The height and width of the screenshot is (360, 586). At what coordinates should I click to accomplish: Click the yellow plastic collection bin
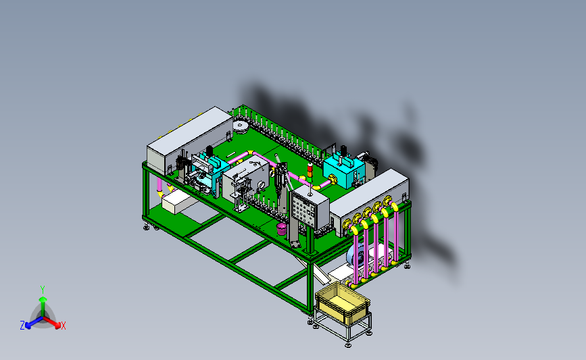tap(342, 303)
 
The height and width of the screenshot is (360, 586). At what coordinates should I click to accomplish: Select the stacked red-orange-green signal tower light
tap(310, 173)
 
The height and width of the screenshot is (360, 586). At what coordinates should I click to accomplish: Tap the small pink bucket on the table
tap(282, 228)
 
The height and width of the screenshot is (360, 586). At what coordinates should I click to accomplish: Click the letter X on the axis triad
tap(63, 326)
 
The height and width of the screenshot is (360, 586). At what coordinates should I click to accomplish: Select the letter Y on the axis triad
tap(43, 290)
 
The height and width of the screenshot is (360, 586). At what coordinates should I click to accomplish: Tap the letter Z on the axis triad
tap(22, 326)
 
